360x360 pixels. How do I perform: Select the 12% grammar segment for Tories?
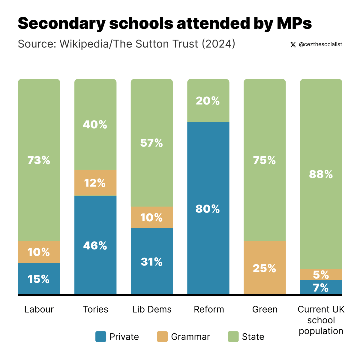point(95,183)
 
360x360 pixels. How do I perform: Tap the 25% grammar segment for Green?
point(264,268)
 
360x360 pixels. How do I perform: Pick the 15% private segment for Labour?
point(39,279)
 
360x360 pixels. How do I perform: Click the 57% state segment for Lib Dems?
point(151,143)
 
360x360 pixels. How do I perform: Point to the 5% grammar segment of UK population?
point(321,274)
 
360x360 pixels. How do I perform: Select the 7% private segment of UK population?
point(321,287)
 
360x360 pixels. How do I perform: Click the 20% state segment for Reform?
point(208,101)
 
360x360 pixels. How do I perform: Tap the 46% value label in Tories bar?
point(95,246)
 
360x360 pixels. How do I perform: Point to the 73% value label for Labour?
point(39,160)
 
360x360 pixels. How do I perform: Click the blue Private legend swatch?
point(101,337)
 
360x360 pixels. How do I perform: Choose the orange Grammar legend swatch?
point(162,337)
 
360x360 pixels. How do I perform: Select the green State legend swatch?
point(233,337)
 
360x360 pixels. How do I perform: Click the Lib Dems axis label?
point(152,309)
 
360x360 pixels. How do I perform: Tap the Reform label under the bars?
point(209,309)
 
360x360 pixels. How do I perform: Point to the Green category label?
point(265,309)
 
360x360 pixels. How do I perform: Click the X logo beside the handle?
point(293,45)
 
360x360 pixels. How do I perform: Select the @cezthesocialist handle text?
point(320,44)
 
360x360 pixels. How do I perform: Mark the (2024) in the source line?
point(218,44)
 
